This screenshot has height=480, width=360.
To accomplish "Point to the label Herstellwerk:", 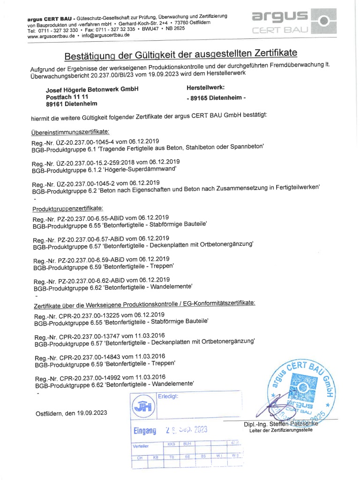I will coord(205,88).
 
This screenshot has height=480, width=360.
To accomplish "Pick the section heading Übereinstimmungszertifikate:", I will coord(70,132).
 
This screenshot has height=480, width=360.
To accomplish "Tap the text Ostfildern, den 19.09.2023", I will coord(71,413).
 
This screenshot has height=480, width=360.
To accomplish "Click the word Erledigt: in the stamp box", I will coord(168,397).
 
